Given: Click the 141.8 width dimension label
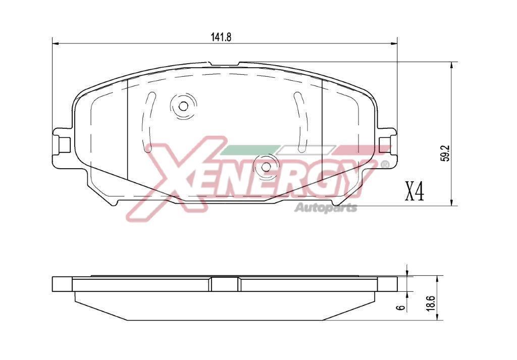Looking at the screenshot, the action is click(222, 37).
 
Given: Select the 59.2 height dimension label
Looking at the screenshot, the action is click(446, 154).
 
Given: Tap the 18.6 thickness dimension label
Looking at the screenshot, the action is click(433, 302).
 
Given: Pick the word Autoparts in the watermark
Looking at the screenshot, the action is click(326, 208).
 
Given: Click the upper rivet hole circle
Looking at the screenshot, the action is click(183, 106).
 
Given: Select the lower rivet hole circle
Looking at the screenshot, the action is click(266, 167).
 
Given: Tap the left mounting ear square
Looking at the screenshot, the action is click(65, 144).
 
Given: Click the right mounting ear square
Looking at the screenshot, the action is click(385, 144).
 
